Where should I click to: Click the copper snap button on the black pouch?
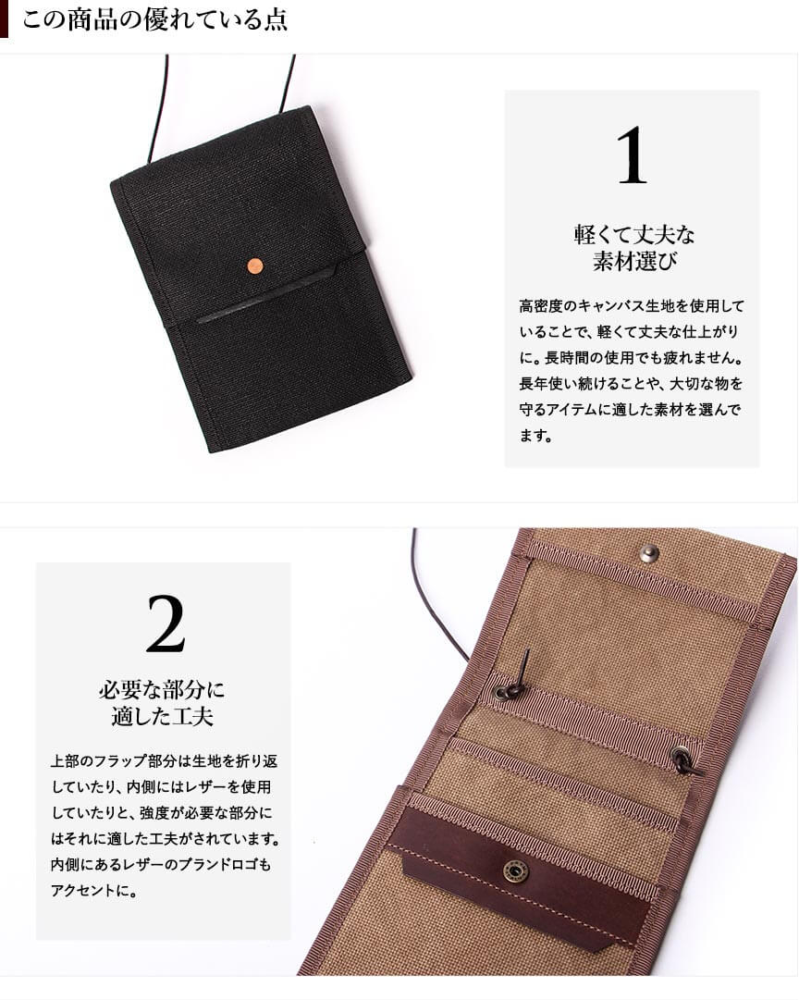(255, 265)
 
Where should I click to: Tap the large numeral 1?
(632, 155)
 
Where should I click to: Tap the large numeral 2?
(166, 624)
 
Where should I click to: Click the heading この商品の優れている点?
(155, 19)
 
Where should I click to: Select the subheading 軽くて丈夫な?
(633, 235)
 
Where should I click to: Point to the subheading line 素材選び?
(633, 262)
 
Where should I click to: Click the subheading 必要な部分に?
(162, 690)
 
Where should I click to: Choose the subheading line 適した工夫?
(162, 717)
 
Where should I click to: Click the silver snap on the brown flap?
(649, 553)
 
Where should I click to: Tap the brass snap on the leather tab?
(512, 870)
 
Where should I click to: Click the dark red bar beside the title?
(4, 19)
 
